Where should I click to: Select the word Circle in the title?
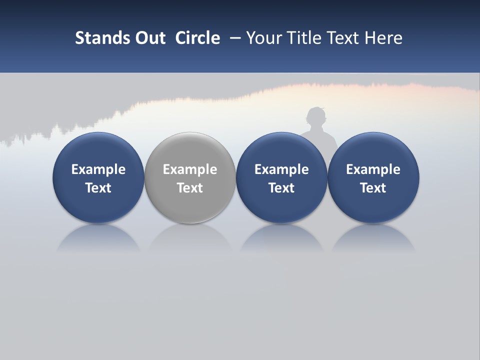(197, 38)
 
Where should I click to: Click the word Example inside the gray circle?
(190, 169)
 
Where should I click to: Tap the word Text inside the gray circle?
(190, 188)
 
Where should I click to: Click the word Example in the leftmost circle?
(98, 169)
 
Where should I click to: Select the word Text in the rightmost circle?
(373, 188)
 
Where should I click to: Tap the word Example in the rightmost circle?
(373, 169)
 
